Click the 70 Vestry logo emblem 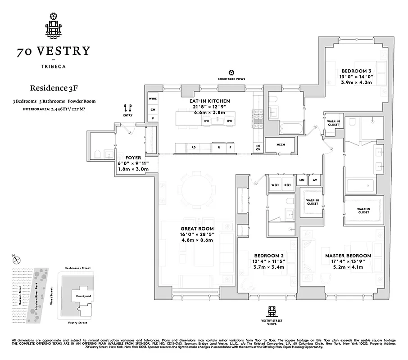[x=54, y=25]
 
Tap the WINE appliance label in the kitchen [x=153, y=99]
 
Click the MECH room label [x=281, y=145]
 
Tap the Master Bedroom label [x=348, y=256]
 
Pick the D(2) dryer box [x=288, y=185]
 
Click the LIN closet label [x=302, y=180]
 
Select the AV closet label [x=315, y=180]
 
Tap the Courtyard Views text [x=231, y=79]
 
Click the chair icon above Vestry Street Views [x=272, y=311]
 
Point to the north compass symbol [x=17, y=259]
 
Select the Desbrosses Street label [x=77, y=268]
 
